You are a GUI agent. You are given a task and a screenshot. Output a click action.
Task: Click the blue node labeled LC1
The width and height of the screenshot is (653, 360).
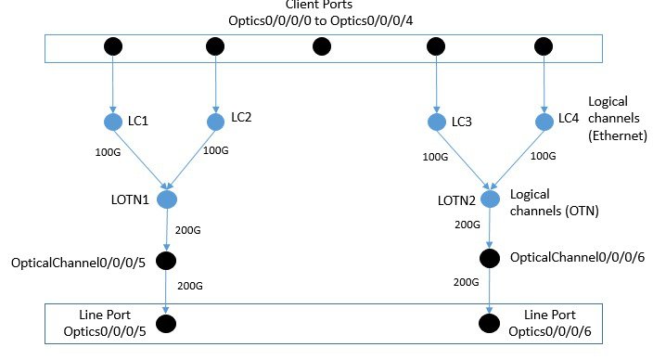(x=114, y=122)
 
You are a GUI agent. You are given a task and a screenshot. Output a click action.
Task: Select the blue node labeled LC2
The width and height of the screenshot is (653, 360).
(x=216, y=122)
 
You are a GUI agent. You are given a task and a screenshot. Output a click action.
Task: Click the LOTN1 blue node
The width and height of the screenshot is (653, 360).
(x=168, y=199)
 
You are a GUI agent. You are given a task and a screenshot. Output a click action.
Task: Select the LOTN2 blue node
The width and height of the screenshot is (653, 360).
(x=489, y=199)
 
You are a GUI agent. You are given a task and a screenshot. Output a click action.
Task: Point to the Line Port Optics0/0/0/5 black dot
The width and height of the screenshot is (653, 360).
(x=168, y=324)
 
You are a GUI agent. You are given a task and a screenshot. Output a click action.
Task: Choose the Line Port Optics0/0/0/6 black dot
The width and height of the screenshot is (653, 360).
(x=489, y=324)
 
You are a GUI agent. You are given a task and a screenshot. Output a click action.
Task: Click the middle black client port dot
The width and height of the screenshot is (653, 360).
(x=322, y=45)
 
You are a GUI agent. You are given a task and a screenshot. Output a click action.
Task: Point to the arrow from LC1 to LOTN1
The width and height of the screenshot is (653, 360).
(x=139, y=159)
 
